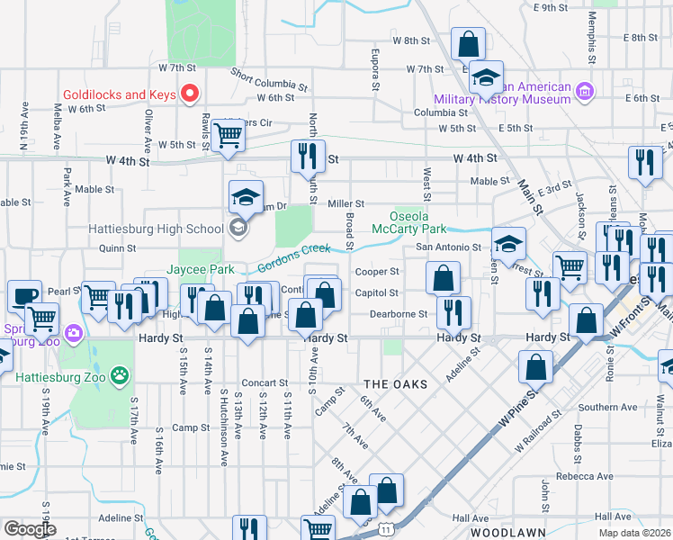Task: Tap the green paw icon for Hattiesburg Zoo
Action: point(120,373)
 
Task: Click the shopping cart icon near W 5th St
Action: point(228,135)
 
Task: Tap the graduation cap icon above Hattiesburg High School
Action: point(247,196)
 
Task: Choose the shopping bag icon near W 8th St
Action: point(468,42)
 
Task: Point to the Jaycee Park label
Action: point(202,269)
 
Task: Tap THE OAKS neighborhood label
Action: point(393,383)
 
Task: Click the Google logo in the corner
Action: point(29,529)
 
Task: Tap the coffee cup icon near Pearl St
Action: point(24,296)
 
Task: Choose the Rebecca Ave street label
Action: point(584,476)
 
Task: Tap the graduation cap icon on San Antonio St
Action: point(508,243)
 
